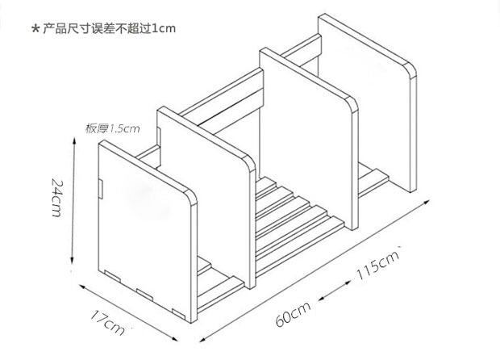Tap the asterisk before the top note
point(35,30)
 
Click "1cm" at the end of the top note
point(162,28)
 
